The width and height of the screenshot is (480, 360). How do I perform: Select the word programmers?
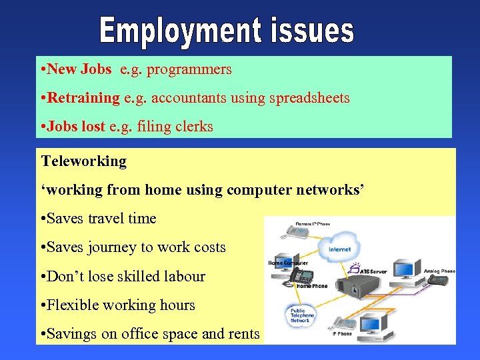(189, 69)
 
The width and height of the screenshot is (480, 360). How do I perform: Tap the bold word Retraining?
(83, 98)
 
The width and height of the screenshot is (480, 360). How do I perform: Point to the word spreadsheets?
(309, 98)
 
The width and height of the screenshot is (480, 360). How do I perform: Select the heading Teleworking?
(84, 161)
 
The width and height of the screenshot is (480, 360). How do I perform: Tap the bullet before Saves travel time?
(44, 219)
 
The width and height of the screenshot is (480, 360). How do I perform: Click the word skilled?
(133, 276)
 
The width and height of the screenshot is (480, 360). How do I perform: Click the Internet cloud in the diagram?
(339, 249)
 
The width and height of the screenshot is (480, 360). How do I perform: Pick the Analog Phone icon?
(440, 280)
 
